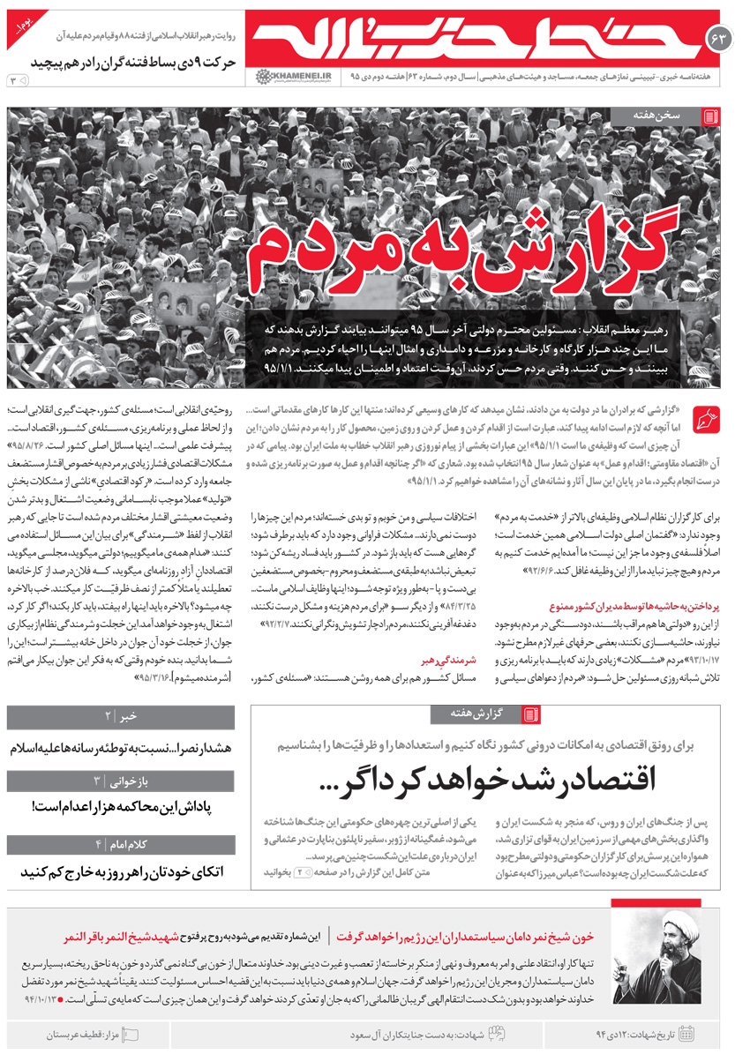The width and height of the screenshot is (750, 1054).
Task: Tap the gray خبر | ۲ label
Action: (120, 717)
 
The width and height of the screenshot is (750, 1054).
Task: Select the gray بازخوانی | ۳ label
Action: (120, 781)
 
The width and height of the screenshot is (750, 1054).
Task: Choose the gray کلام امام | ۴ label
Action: (120, 844)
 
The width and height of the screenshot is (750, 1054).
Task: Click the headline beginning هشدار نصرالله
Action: (120, 748)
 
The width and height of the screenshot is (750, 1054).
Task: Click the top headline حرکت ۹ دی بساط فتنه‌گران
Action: (136, 63)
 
